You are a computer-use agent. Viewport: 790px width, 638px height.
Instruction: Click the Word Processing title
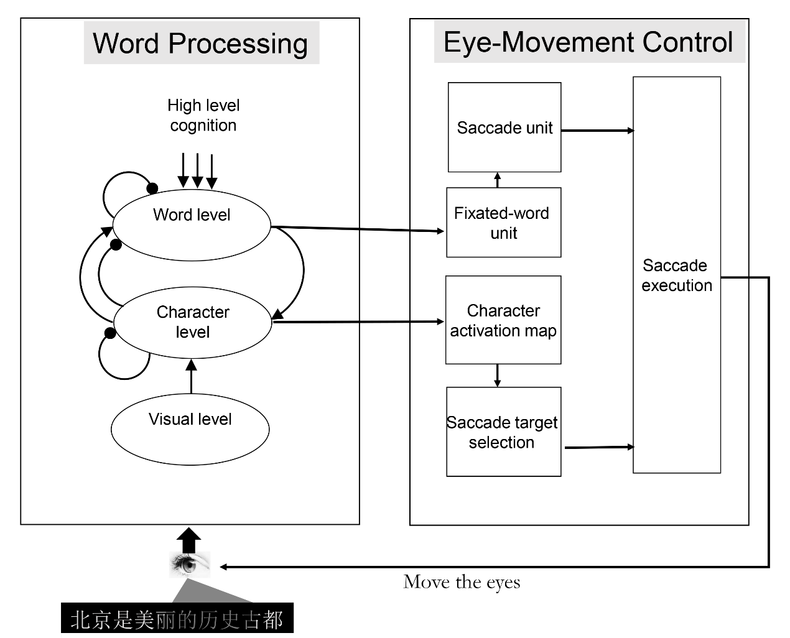coord(201,44)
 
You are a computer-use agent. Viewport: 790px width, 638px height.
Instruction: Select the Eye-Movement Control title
coord(588,42)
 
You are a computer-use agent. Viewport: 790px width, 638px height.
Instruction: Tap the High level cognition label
coord(203,116)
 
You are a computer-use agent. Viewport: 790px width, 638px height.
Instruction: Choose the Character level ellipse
coord(193,322)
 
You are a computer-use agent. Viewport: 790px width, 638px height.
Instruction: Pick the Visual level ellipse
coord(190,428)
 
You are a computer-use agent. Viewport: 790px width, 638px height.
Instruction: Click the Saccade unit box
coord(504,127)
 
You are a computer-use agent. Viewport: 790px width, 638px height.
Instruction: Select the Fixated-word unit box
coord(503,223)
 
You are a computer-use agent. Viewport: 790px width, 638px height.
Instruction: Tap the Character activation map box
coord(503,320)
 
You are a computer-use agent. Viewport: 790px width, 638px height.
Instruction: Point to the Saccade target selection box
coord(503,432)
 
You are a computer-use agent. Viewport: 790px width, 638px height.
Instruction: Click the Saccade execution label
coord(677,275)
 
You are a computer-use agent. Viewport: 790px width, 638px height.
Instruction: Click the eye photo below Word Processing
coord(190,565)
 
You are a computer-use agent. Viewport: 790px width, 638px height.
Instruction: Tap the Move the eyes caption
coord(462,582)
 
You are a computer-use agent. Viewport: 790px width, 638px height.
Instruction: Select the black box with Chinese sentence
coord(177,619)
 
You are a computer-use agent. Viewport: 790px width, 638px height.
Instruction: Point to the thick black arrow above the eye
coord(189,540)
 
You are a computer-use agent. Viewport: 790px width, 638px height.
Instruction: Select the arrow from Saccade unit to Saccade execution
coord(597,131)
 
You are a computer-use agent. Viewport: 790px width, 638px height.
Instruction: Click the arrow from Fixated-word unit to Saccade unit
coord(498,180)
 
